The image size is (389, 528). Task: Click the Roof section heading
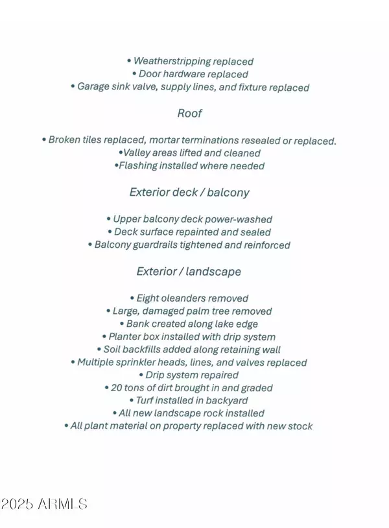(x=189, y=114)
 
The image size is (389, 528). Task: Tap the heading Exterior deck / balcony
(x=189, y=193)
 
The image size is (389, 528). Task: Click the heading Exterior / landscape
(x=189, y=271)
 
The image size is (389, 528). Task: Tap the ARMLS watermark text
(x=62, y=504)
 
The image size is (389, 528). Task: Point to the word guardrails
(x=163, y=245)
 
